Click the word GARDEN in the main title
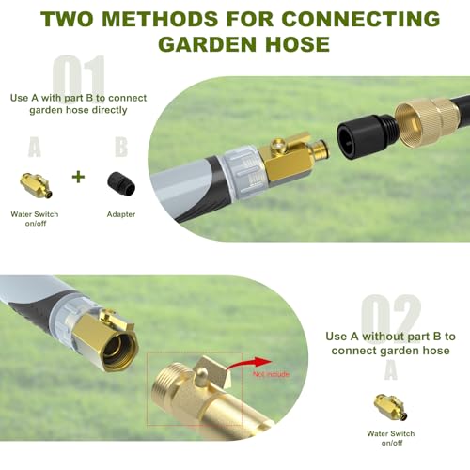[210, 44]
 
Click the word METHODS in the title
[160, 19]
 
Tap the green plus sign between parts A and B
[78, 177]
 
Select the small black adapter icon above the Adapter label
[121, 183]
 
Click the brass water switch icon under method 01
[37, 185]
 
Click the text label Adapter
[121, 214]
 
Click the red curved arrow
[247, 364]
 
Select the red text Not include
[271, 374]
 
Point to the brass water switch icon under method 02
[390, 407]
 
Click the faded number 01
[79, 78]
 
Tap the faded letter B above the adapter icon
[121, 147]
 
